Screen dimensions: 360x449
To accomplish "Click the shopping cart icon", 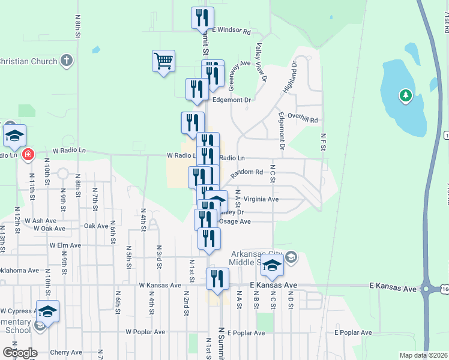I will click(163, 61).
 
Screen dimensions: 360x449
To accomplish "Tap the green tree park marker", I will click(406, 95).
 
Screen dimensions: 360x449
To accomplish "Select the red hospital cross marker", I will click(27, 155).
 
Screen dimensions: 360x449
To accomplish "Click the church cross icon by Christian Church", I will click(67, 61).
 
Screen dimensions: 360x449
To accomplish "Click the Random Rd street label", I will click(247, 173).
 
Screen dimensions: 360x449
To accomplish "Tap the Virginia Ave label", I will click(265, 199).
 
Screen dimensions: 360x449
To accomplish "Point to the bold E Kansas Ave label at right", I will click(393, 289).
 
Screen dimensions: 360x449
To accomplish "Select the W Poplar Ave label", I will click(145, 332).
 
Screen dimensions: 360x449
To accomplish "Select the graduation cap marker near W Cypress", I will click(47, 311).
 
